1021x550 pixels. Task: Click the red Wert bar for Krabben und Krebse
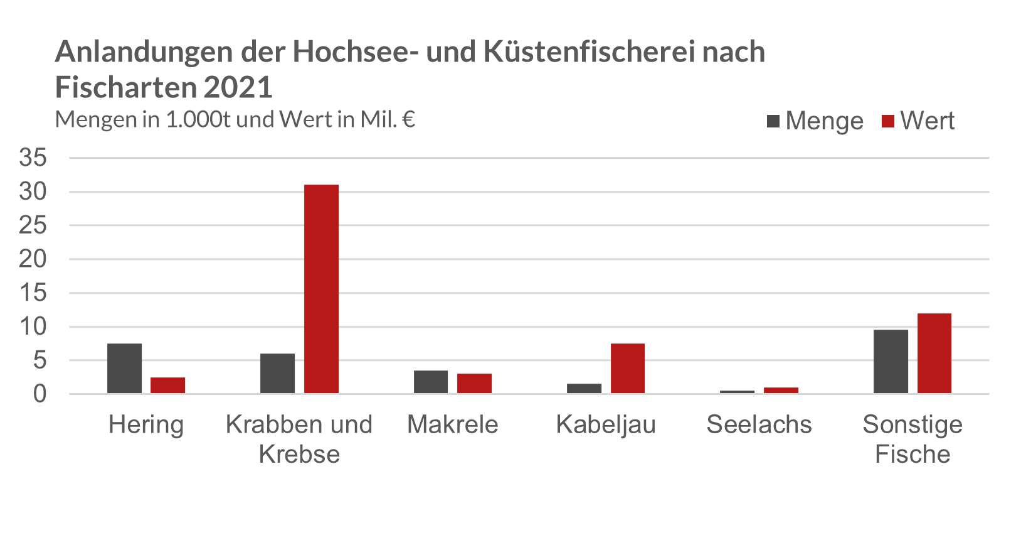322,289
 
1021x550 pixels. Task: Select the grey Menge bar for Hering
125,369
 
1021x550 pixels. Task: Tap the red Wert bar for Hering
168,386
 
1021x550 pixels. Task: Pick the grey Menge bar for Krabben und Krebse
278,374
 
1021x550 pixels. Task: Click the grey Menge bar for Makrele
431,382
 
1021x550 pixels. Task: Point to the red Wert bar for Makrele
475,384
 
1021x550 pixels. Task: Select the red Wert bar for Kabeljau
628,369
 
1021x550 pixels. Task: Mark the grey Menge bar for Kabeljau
585,389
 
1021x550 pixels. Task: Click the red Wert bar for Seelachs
781,391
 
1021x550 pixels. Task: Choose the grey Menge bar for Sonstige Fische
891,362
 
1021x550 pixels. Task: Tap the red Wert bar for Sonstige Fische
934,353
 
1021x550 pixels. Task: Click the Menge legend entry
815,121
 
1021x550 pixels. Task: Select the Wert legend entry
918,121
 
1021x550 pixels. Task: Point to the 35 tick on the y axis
33,158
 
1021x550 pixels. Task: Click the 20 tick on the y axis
33,259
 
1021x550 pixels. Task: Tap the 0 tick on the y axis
40,394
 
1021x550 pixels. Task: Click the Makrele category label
453,425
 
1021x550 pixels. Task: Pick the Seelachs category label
759,425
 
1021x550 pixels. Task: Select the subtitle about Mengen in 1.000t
235,119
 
